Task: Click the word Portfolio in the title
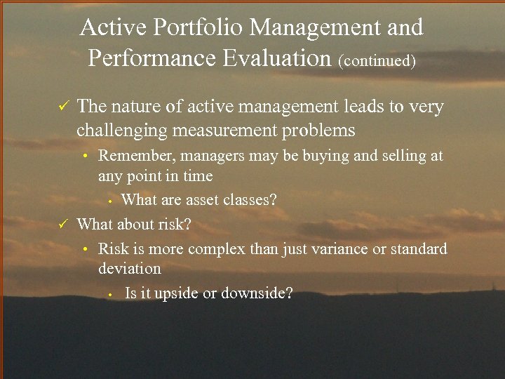pos(197,28)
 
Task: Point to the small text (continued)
pos(377,60)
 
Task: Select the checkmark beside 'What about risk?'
pos(62,225)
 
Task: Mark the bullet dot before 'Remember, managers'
pos(84,157)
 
